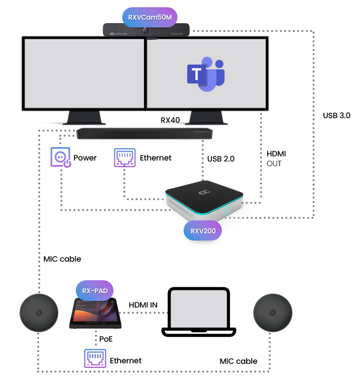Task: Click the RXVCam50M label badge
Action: [150, 17]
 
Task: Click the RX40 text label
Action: [170, 120]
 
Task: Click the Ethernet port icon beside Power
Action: [124, 157]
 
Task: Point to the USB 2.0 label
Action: [220, 159]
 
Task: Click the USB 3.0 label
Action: [336, 116]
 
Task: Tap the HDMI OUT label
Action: [276, 158]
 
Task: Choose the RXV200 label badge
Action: [202, 231]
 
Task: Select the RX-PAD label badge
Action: [95, 290]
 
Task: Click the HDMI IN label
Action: [143, 306]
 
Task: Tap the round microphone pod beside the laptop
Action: [273, 313]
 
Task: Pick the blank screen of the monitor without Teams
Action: [83, 72]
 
